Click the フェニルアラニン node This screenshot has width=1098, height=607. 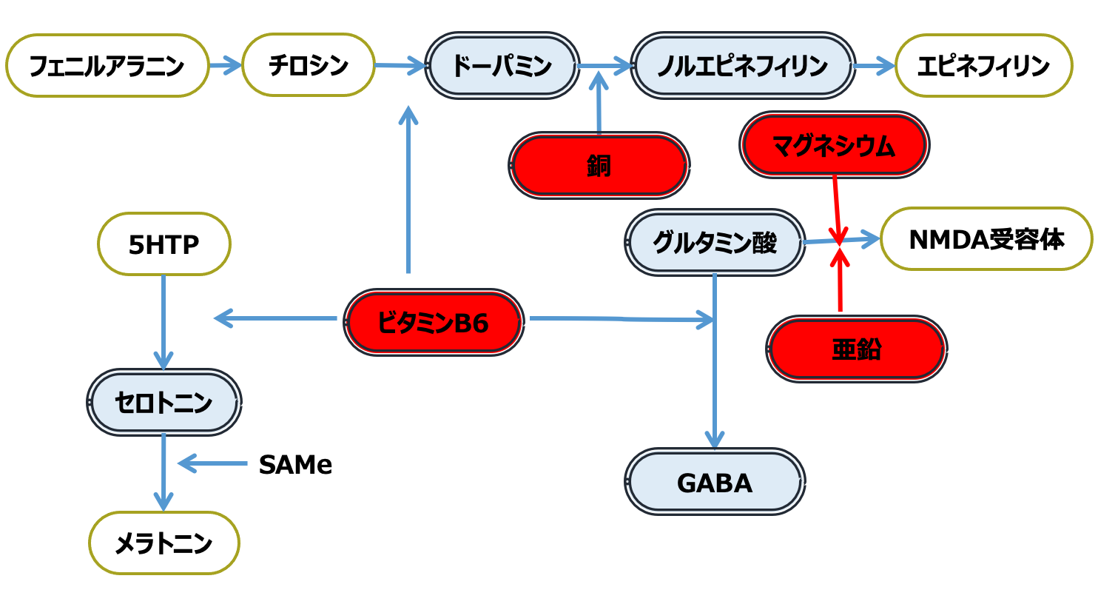coord(107,66)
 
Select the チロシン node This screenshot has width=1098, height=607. coord(308,65)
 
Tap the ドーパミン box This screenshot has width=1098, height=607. coord(502,66)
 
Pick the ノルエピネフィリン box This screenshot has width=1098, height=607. coord(742,66)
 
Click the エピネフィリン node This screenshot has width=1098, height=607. coord(983,66)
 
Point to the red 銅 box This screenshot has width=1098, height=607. coord(599,166)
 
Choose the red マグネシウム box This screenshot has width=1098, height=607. coord(834,145)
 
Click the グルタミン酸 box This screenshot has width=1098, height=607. coord(715,242)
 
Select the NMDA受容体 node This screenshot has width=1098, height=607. coord(986,239)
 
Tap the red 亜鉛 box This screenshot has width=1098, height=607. coord(856,349)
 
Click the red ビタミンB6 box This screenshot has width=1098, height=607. coord(434,323)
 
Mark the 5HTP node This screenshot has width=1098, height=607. coord(164,244)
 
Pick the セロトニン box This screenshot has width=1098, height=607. coord(164,402)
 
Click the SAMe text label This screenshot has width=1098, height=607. coord(295,465)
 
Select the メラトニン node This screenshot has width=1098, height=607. coord(164,543)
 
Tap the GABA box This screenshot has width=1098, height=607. coord(715,483)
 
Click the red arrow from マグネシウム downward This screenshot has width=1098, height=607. coord(837,207)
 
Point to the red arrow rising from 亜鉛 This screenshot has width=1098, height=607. coord(840,281)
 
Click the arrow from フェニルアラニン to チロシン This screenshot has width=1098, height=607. coord(225,66)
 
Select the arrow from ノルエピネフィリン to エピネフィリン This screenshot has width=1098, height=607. coord(875,66)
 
